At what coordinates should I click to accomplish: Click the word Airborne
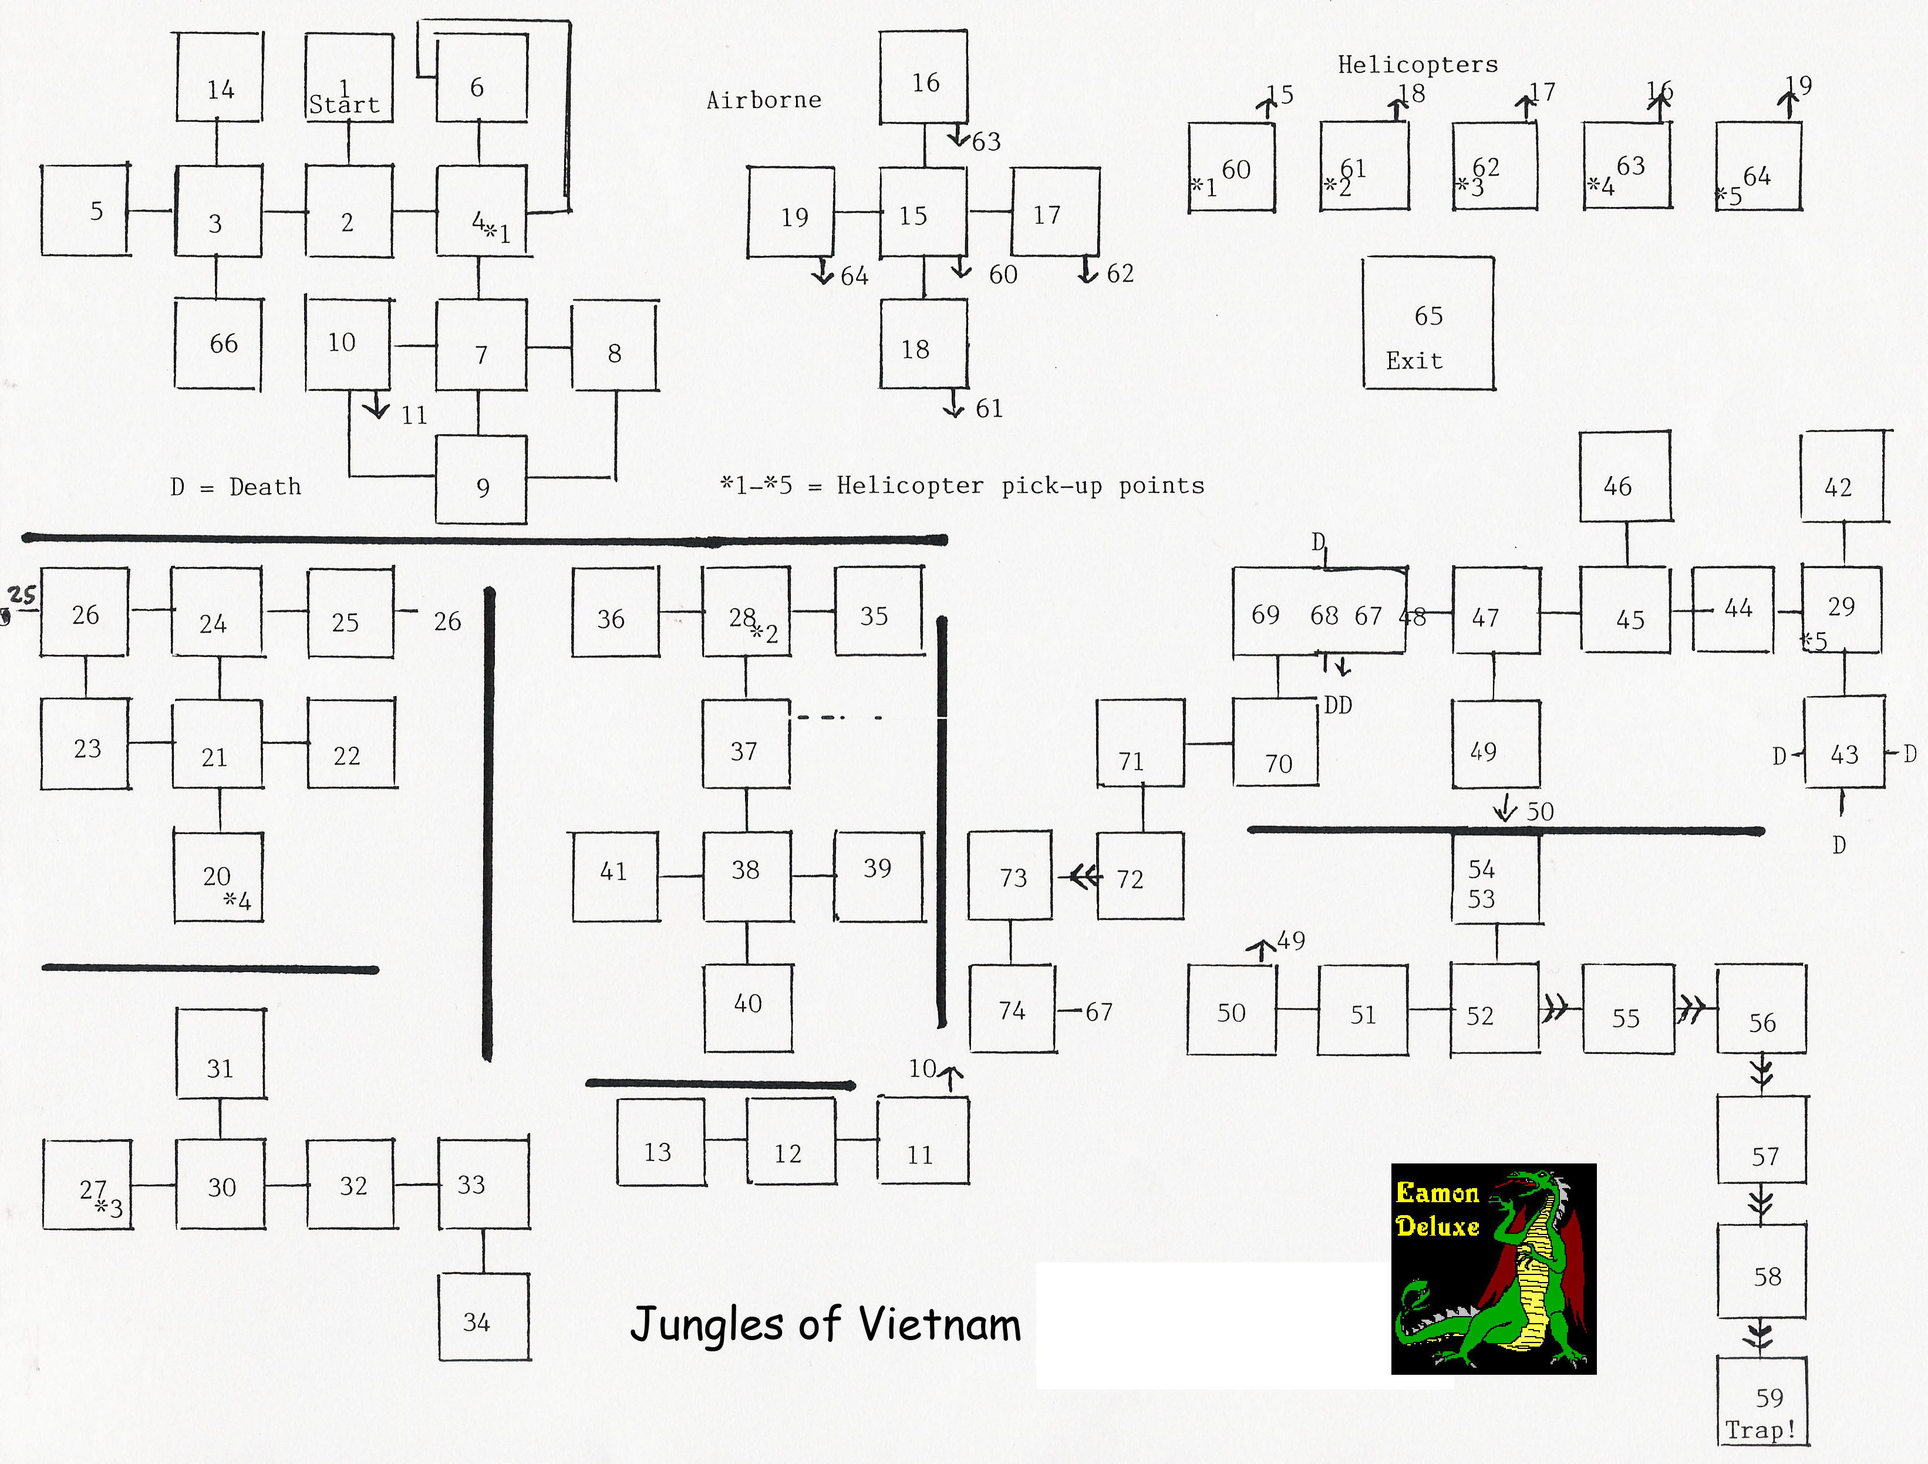point(764,100)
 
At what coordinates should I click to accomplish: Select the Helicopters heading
point(1418,65)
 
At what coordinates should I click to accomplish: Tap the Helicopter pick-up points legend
point(962,485)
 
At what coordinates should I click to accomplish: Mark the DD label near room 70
point(1338,705)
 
